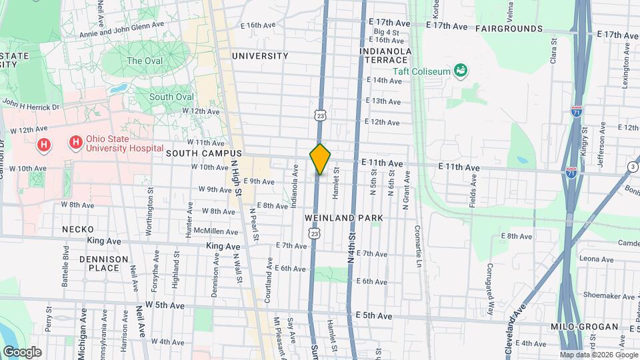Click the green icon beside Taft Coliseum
click(x=459, y=70)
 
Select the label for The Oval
click(x=144, y=61)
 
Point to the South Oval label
click(x=171, y=97)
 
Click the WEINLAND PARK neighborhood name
click(x=344, y=218)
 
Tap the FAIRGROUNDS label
click(x=509, y=29)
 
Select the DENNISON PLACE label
click(x=99, y=263)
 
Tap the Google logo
click(x=22, y=351)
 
